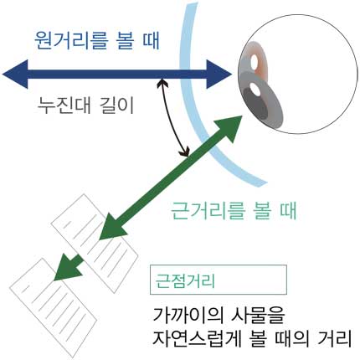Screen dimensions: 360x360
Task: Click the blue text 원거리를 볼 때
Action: click(x=97, y=41)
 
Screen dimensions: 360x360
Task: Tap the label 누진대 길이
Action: click(x=85, y=105)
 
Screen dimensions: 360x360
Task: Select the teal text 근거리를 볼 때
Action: click(x=234, y=210)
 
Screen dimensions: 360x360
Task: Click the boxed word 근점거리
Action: click(x=185, y=280)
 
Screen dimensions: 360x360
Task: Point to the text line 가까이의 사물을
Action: click(x=219, y=316)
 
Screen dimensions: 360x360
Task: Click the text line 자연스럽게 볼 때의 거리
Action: click(x=252, y=337)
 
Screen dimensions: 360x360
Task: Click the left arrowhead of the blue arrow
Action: click(x=15, y=75)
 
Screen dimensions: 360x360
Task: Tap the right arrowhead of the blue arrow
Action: click(x=219, y=74)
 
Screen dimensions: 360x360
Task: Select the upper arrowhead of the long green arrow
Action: click(x=229, y=128)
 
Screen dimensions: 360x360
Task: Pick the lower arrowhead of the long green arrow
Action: click(x=112, y=227)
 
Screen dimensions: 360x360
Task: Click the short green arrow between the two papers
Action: click(x=69, y=267)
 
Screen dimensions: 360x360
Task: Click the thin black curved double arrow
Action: click(x=172, y=117)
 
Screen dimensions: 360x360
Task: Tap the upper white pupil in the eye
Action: click(x=255, y=62)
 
